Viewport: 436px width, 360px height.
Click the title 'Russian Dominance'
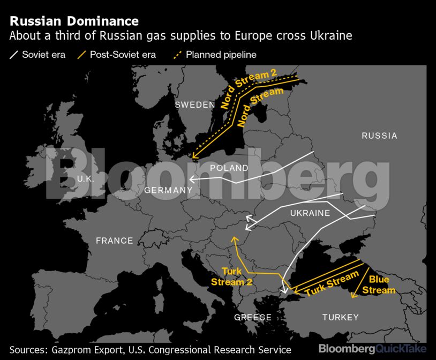point(74,21)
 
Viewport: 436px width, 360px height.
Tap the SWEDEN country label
point(195,105)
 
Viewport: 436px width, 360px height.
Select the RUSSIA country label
point(379,136)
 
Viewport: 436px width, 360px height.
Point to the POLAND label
point(229,168)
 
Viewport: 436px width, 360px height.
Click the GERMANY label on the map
point(168,190)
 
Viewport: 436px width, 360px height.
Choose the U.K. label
point(86,179)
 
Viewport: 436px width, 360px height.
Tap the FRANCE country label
point(115,241)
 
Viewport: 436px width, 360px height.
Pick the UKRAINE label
point(310,213)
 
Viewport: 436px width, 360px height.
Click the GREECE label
point(253,318)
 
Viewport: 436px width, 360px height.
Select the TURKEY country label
point(341,318)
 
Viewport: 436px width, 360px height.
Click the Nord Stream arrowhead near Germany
point(195,157)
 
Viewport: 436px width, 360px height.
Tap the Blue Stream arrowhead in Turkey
point(352,294)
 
